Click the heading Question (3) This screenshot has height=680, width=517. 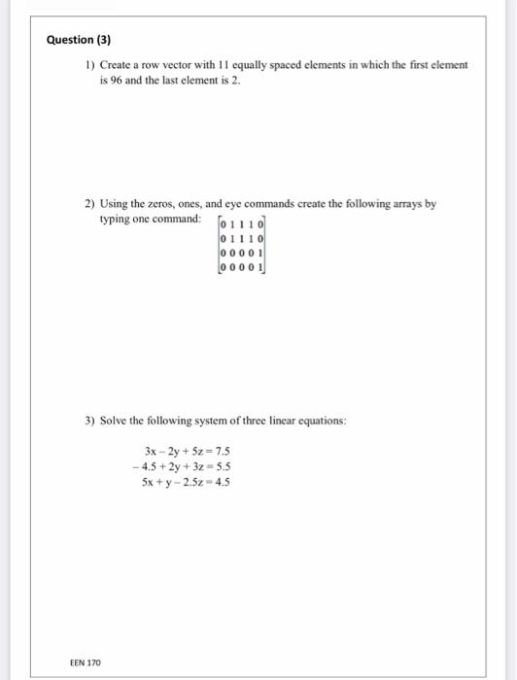point(79,41)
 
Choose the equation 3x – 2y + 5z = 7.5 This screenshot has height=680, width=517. point(186,452)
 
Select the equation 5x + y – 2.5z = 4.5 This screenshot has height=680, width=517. point(186,481)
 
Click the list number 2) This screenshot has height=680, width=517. point(88,205)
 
